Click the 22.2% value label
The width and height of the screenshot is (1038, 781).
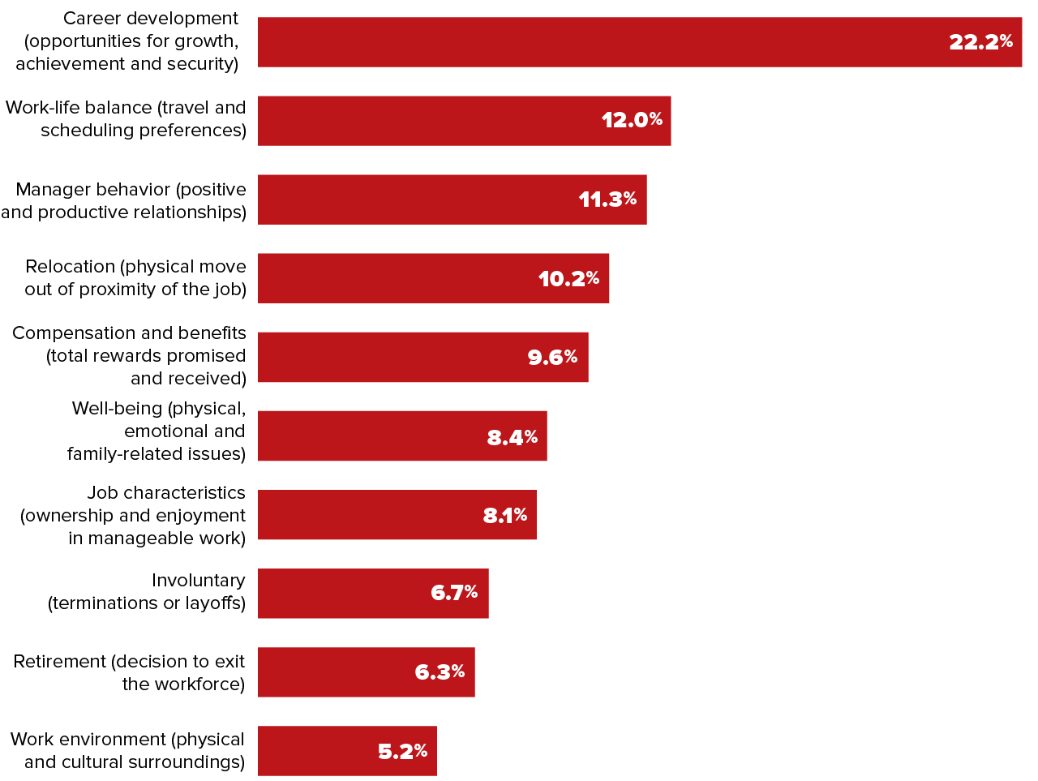[980, 42]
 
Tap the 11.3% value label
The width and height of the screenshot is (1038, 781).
[607, 200]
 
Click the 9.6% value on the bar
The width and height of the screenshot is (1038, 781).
[552, 357]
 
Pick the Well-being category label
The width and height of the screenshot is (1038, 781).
[157, 431]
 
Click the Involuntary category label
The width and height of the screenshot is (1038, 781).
[147, 592]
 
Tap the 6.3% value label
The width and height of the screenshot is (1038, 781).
[440, 672]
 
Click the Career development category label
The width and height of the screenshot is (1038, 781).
[127, 41]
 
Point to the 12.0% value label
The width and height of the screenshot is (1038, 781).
[632, 120]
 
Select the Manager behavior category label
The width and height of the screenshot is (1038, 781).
[124, 201]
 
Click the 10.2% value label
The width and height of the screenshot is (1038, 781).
[568, 279]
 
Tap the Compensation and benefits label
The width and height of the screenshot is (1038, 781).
[130, 356]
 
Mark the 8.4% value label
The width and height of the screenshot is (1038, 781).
[512, 438]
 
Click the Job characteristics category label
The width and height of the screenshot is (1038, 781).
[133, 516]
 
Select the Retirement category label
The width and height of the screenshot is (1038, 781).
[129, 673]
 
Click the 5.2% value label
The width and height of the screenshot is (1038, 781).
[402, 752]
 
